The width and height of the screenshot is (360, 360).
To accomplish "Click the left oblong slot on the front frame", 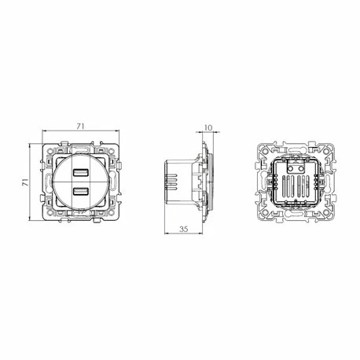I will click(x=45, y=182).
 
